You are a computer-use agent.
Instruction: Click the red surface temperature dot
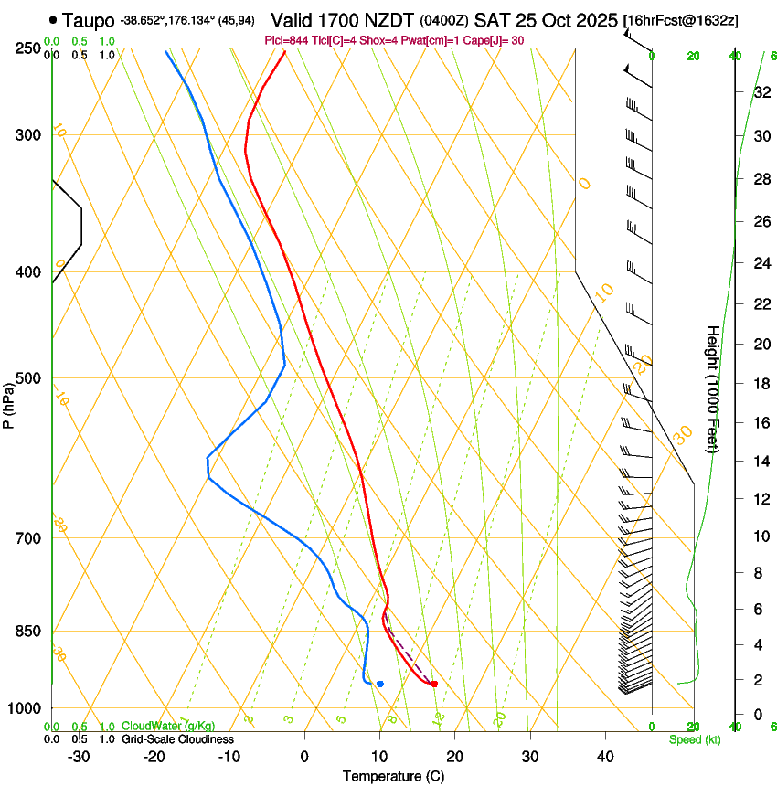click(434, 684)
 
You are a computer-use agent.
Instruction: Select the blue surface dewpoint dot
click(379, 684)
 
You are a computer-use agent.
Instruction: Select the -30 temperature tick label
click(79, 757)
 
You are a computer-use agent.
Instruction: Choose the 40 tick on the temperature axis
click(604, 757)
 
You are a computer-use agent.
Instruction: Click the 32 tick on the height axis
click(761, 92)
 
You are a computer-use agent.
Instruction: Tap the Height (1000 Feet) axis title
click(713, 388)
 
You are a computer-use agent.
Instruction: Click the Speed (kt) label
click(694, 739)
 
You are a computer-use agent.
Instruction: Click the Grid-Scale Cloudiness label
click(177, 739)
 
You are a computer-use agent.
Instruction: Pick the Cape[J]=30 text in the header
click(492, 40)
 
